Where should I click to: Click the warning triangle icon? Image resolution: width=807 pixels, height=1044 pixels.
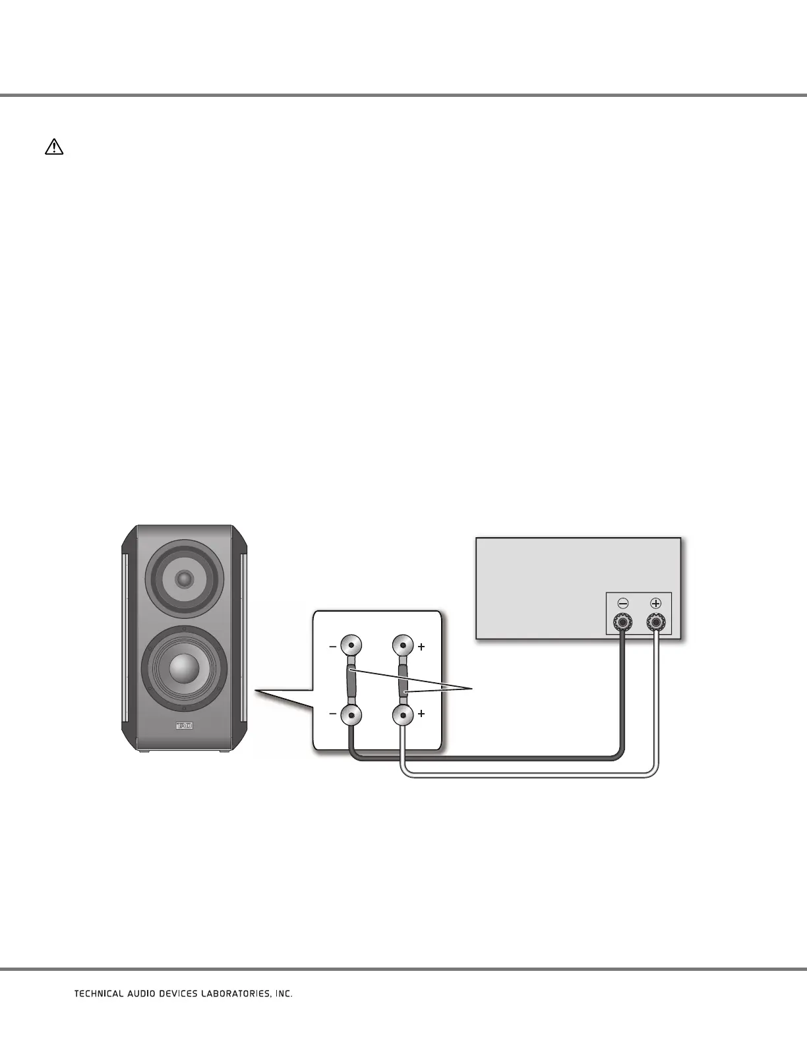click(x=54, y=147)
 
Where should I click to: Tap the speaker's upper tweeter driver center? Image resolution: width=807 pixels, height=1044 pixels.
click(x=185, y=579)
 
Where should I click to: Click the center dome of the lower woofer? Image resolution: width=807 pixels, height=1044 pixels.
click(x=184, y=668)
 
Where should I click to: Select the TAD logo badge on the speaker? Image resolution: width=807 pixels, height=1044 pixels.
click(x=184, y=726)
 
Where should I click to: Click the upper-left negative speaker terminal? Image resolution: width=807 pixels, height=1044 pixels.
click(x=351, y=646)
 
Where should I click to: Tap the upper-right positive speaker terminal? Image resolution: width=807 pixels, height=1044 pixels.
click(x=403, y=646)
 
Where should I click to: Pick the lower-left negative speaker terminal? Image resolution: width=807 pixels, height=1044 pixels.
click(x=351, y=714)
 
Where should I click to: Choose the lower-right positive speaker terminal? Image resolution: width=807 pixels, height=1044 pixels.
click(x=403, y=714)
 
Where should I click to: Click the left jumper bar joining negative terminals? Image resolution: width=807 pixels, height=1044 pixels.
click(x=351, y=680)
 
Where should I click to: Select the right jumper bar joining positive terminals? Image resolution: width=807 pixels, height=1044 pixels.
click(x=403, y=680)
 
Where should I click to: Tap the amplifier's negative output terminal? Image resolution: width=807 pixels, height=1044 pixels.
click(x=622, y=621)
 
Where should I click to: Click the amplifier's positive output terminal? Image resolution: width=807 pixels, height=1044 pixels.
click(x=656, y=621)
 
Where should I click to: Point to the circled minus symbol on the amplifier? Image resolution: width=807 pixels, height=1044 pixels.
click(x=622, y=603)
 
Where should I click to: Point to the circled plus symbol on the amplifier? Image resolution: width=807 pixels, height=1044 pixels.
click(x=656, y=603)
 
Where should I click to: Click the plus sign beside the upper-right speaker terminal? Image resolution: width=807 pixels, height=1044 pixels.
click(x=421, y=647)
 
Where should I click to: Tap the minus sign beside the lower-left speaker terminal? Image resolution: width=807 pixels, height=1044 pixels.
click(x=333, y=714)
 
